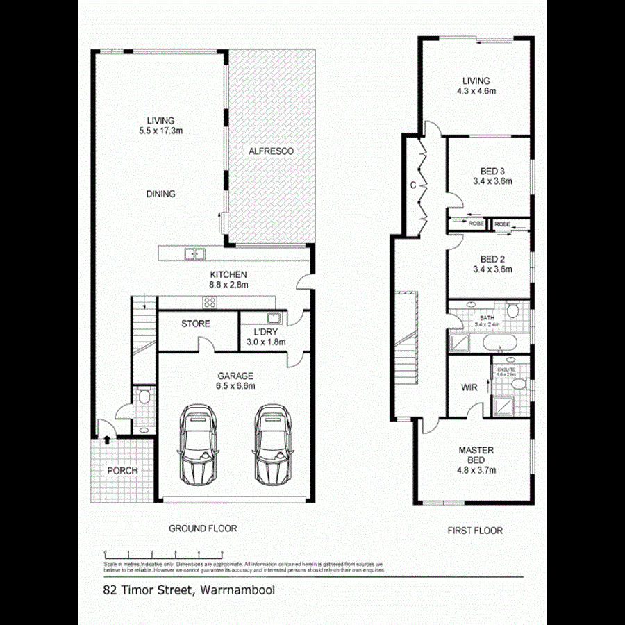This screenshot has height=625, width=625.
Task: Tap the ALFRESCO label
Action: pyautogui.click(x=271, y=151)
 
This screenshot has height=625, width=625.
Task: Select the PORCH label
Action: pyautogui.click(x=122, y=470)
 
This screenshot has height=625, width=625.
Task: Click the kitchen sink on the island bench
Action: pyautogui.click(x=194, y=254)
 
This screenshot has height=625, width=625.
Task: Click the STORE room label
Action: pyautogui.click(x=196, y=324)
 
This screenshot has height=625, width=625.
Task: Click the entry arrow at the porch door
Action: pyautogui.click(x=107, y=438)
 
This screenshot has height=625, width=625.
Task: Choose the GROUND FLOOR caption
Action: pyautogui.click(x=203, y=528)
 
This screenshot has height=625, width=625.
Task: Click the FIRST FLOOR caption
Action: pyautogui.click(x=476, y=531)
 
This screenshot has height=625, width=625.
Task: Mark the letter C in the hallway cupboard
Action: pyautogui.click(x=412, y=185)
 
